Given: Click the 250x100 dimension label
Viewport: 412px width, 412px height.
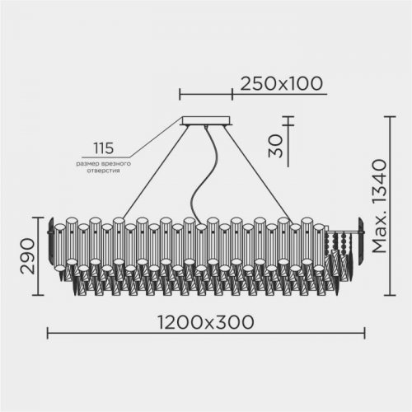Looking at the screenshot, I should (x=280, y=83).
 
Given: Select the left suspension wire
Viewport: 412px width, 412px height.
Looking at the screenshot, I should (x=148, y=172).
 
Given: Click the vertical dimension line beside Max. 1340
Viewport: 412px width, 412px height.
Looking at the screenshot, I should (x=391, y=206).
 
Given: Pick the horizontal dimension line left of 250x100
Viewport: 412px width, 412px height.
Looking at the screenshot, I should (x=205, y=93).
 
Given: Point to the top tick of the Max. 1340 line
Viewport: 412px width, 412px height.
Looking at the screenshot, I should (x=391, y=116).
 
